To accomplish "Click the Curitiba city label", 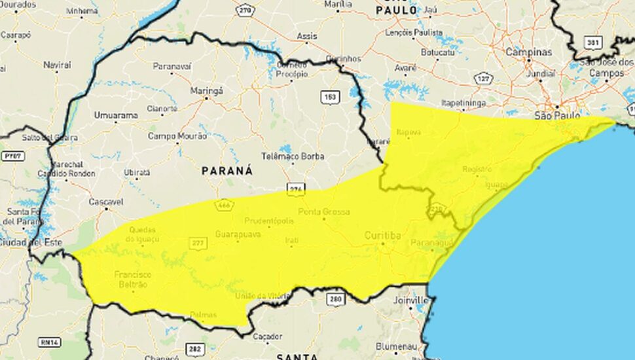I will point(383,235).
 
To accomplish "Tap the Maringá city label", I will point(206,90).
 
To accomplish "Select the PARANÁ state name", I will point(227,170).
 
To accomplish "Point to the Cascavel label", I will point(106,202).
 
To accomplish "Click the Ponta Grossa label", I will point(323,212).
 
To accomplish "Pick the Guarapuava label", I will point(238,234).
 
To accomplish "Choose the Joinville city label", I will point(410,300).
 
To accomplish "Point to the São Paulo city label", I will point(557,115).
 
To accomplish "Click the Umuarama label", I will point(116,115).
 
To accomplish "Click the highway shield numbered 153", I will point(329,97).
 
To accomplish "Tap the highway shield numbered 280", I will point(335,298).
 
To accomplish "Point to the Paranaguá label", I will point(431,243).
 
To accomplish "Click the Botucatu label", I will point(437,51).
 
